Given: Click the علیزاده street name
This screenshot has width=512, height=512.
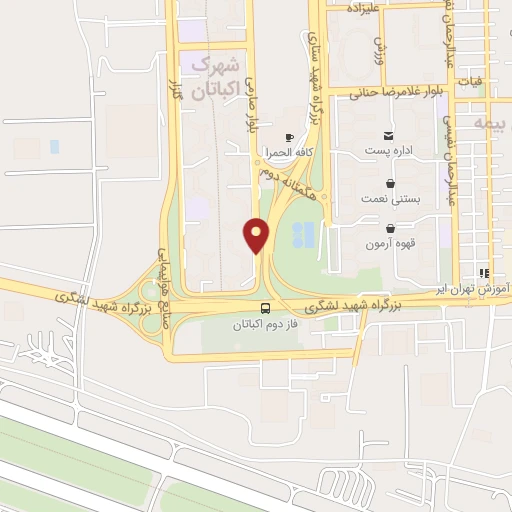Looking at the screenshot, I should (365, 8).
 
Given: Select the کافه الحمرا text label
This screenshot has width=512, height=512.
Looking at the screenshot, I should (290, 155).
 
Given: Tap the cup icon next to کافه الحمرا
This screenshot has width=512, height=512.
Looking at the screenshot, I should (289, 137).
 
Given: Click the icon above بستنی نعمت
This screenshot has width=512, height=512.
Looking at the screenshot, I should (389, 184).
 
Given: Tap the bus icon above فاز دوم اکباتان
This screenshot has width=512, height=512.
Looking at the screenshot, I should (266, 308).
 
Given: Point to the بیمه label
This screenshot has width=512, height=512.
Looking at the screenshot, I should (491, 124).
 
